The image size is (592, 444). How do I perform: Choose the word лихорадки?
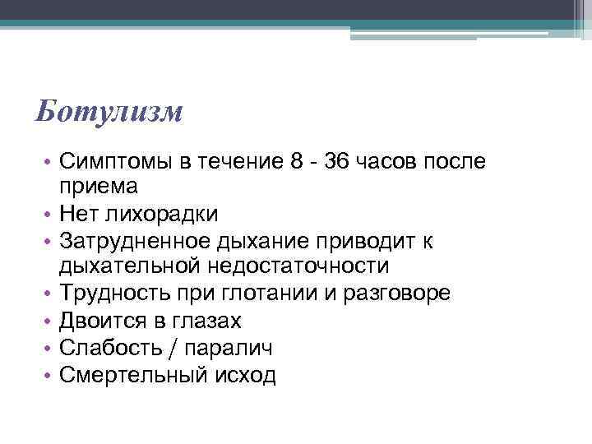click(160, 215)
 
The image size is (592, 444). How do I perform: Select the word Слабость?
click(111, 347)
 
